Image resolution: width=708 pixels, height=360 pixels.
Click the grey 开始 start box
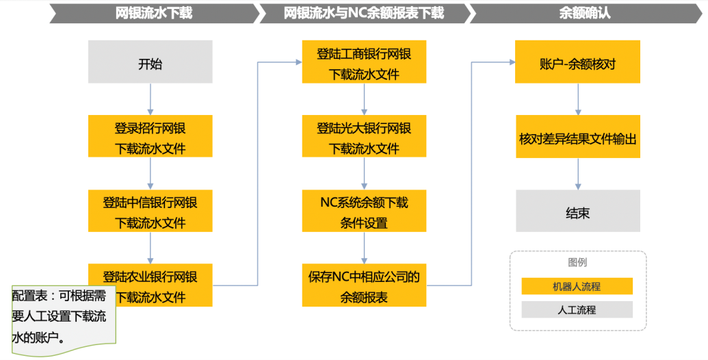tap(150, 62)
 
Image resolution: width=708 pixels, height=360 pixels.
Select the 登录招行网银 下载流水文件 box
tap(150, 136)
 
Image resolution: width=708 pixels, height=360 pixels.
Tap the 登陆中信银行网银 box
tap(150, 211)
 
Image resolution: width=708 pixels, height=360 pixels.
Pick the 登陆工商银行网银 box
tap(364, 63)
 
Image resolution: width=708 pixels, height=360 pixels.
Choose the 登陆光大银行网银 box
tap(364, 137)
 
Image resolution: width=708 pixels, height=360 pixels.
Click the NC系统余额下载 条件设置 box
tap(364, 211)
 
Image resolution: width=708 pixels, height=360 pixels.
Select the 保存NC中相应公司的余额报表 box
tap(364, 285)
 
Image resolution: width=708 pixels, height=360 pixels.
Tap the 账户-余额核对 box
tap(577, 62)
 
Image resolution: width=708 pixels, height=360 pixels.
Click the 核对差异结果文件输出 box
tap(577, 138)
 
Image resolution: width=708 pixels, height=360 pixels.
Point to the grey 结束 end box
tap(577, 211)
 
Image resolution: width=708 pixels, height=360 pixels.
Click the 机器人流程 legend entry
tap(577, 286)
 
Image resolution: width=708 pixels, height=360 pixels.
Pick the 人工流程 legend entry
tap(577, 309)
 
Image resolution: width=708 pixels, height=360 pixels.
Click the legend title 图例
tap(577, 262)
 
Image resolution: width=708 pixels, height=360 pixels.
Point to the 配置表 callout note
tap(60, 316)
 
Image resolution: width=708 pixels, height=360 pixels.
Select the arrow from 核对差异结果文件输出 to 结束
tap(578, 174)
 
